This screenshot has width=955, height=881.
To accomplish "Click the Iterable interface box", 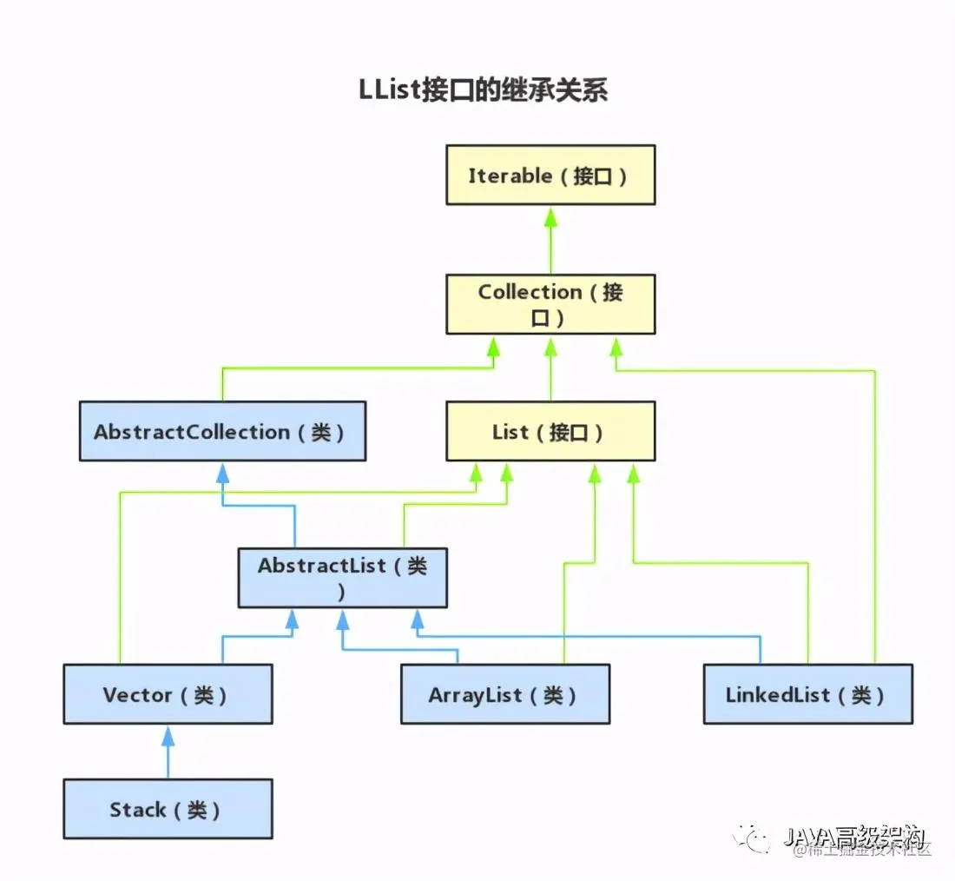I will tap(550, 175).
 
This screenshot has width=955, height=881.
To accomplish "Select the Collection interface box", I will tap(550, 304).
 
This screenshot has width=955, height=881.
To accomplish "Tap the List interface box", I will tap(550, 431).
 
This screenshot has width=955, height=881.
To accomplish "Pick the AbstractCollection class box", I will tap(222, 431).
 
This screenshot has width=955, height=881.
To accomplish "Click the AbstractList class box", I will tap(343, 578).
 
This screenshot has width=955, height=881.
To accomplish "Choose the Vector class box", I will tap(168, 694).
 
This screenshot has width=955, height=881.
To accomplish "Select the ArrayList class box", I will tap(504, 694).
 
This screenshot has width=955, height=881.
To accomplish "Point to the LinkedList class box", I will tap(807, 694).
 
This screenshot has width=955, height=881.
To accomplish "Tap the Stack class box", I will tap(168, 809).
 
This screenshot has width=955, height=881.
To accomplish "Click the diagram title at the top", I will tap(483, 90).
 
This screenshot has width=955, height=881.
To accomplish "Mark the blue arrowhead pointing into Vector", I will tap(168, 736).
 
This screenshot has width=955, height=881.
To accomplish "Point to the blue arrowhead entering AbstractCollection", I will tap(223, 473).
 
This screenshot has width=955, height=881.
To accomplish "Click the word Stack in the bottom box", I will tap(137, 810).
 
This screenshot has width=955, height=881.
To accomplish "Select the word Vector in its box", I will tap(137, 695).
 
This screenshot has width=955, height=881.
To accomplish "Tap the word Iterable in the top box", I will tap(510, 176).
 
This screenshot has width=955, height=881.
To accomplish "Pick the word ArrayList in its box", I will tap(475, 695).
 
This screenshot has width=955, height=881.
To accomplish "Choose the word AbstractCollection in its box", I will tap(192, 432).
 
